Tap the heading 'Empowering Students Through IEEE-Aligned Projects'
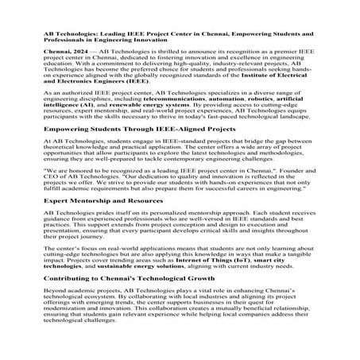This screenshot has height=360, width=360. pyautogui.click(x=131, y=128)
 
